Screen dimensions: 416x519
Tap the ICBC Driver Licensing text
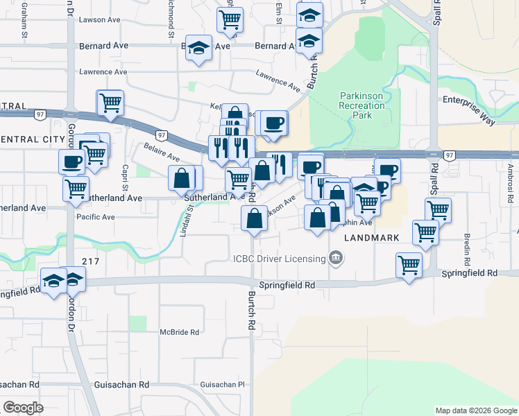click(279, 259)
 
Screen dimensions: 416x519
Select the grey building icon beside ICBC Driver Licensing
click(336, 259)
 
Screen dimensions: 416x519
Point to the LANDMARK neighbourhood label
click(372, 237)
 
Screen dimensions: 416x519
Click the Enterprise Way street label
click(470, 110)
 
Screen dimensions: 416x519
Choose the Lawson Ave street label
click(100, 19)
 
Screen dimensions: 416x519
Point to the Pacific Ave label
click(96, 217)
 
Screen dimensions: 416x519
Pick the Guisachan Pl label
click(223, 384)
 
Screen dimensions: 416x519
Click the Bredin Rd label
click(468, 246)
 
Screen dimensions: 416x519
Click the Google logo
click(23, 408)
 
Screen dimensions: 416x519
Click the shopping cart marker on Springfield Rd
click(409, 264)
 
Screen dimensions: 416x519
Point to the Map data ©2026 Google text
click(475, 410)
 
